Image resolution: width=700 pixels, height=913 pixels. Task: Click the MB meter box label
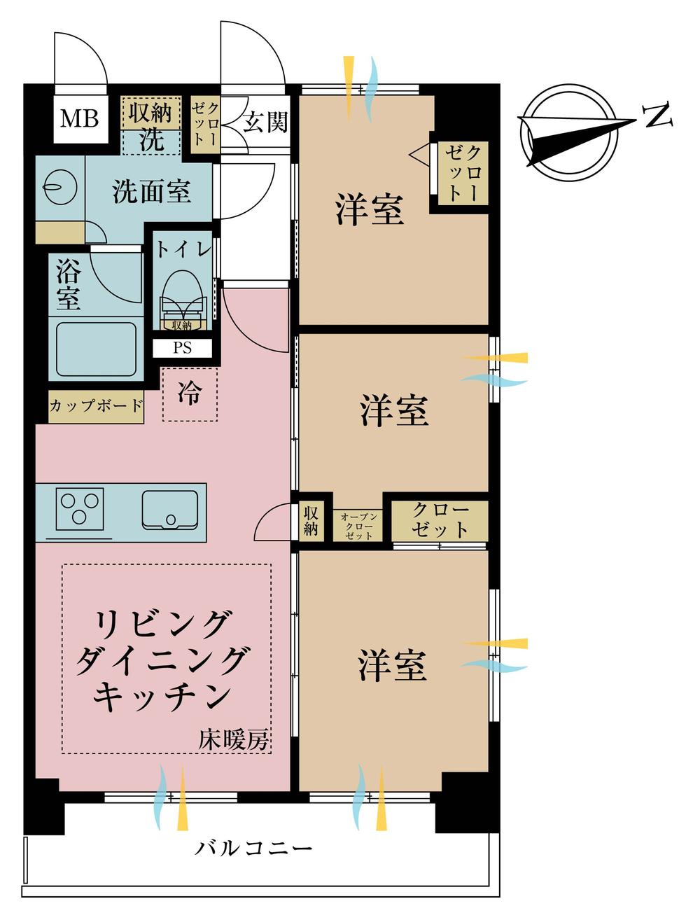[x=79, y=119]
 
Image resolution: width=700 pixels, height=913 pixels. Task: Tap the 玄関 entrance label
[x=265, y=122]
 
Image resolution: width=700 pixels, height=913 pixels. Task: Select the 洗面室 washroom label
[x=152, y=190]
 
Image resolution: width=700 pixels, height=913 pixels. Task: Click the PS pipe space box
[x=182, y=348]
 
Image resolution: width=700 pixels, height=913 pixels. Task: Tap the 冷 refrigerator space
[x=189, y=394]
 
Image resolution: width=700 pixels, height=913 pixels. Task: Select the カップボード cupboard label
[x=96, y=405]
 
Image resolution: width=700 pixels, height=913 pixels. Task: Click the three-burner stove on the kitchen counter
[x=80, y=508]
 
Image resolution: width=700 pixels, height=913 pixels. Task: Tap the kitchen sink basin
[x=170, y=510]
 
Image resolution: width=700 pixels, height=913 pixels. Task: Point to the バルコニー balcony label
[x=253, y=849]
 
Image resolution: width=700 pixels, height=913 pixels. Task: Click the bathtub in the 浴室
[x=95, y=349]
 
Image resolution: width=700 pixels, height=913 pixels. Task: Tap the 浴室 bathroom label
[x=69, y=285]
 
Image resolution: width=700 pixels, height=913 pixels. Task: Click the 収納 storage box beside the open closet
[x=311, y=521]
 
